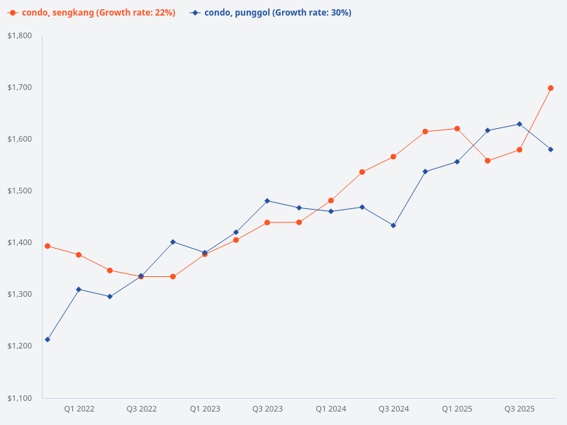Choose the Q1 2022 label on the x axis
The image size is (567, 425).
pos(79,409)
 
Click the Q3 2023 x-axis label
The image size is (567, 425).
pos(267,409)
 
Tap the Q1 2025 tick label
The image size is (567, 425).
pos(457,409)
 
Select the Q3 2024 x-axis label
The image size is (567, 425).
pos(393,409)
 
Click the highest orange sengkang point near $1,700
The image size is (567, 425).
pos(551,88)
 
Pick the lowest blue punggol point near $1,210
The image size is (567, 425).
pos(47,339)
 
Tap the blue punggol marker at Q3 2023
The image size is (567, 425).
pos(267,200)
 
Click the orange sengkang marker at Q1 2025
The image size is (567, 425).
pos(457,128)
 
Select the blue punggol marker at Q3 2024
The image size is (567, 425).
pos(393,225)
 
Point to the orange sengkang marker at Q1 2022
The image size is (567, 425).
pos(79,254)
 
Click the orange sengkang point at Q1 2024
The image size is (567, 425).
pos(331,200)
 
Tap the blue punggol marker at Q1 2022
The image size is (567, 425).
pos(79,289)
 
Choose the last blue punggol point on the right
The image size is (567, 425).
pos(551,149)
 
